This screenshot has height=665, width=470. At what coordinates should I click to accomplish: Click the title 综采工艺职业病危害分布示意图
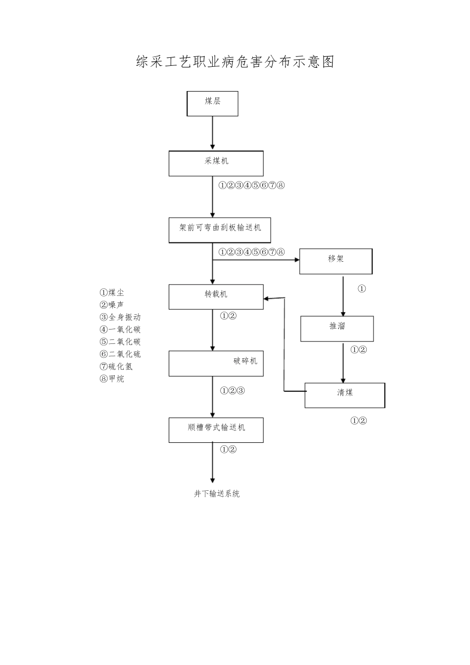coord(235,62)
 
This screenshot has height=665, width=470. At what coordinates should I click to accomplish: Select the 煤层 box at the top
coord(212,103)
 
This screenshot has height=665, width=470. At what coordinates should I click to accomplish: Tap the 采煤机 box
coord(216,163)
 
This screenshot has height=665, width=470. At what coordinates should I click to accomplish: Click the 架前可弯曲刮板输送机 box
coord(220,230)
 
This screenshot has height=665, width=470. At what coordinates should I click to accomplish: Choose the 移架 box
coord(335,261)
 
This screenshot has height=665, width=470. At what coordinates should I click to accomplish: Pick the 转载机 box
coord(216,297)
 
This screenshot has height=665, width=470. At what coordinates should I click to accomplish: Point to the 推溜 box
coord(337,329)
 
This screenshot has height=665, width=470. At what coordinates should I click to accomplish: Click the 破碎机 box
coord(216,363)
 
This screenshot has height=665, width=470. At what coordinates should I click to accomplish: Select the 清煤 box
coord(344,395)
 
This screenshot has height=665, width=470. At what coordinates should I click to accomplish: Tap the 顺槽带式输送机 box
coord(216,430)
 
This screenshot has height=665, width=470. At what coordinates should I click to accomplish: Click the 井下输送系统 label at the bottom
coord(217,494)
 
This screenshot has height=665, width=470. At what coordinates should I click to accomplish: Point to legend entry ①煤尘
coord(112,292)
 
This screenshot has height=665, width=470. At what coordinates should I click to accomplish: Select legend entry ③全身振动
coord(120,317)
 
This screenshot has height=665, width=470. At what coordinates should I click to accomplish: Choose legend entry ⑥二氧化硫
coord(120,354)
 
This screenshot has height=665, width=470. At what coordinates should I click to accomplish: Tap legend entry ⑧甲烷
coord(112,379)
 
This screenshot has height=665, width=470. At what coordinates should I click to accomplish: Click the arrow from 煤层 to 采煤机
coord(213,133)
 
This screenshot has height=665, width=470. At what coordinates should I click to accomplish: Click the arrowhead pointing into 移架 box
coord(296,259)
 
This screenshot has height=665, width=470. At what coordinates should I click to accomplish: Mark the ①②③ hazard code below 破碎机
coord(233,391)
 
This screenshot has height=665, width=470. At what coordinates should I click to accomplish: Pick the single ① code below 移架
coord(362,288)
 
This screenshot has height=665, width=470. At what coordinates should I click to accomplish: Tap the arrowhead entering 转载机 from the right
coord(267,298)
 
